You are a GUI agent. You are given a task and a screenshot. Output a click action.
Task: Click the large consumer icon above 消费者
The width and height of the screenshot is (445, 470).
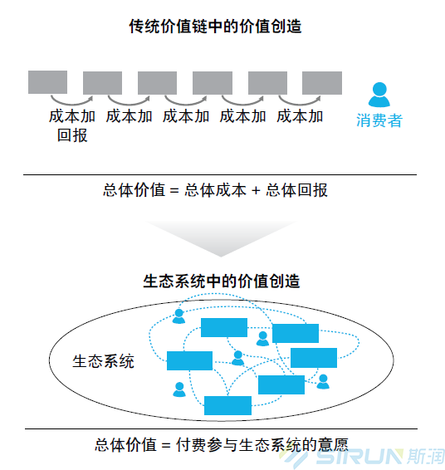pos(379,95)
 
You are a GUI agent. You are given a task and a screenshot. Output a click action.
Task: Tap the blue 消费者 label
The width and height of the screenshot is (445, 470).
pos(379,120)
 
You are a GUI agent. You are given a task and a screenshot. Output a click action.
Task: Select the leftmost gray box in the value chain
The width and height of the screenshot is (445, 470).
pos(47,82)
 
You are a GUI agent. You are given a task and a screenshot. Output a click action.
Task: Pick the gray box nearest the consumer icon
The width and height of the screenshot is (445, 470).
pos(322,83)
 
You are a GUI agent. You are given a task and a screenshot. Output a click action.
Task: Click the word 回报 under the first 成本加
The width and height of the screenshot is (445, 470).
pos(72,135)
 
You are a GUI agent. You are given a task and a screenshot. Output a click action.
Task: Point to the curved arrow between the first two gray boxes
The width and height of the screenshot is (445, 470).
pos(72,101)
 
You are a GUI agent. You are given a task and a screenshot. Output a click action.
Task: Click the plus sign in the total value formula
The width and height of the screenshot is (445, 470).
pos(256,190)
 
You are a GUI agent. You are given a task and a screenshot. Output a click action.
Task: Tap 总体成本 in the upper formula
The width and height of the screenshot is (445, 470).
pos(215,190)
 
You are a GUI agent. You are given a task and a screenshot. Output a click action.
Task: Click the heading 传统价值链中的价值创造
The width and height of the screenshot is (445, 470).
pos(215,27)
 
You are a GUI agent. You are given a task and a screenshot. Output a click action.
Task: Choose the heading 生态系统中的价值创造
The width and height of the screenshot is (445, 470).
pos(222,282)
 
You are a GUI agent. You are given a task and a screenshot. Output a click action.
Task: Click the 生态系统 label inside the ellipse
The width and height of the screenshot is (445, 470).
pos(103,361)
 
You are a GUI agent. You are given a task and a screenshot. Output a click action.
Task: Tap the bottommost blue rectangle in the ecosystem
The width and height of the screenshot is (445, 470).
pos(227,405)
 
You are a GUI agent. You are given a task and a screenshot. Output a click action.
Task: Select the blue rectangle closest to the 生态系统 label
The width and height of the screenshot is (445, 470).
pos(189,360)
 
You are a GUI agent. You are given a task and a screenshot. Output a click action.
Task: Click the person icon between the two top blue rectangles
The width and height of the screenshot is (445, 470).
pos(263,339)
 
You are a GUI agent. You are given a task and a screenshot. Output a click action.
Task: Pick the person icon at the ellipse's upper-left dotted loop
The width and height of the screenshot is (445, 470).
pos(178,316)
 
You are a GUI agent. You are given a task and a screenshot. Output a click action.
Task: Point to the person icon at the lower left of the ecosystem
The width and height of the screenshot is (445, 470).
pos(179,389)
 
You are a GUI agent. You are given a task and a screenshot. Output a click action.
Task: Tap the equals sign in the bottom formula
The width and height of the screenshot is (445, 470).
pos(166,445)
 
